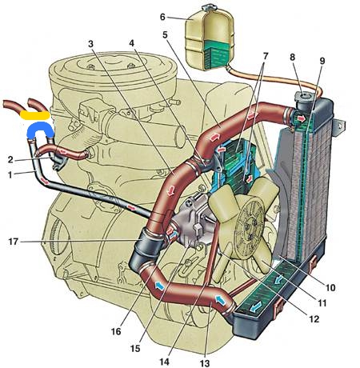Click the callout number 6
[x=162, y=17]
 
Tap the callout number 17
[x=13, y=242]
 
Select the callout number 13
[x=206, y=362]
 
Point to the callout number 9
[x=322, y=61]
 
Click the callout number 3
[x=90, y=44]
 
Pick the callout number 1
[x=10, y=175]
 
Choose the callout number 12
[x=314, y=319]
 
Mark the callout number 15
[x=135, y=348]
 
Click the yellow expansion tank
[x=210, y=40]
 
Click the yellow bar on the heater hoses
[x=35, y=115]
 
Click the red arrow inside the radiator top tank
[x=302, y=118]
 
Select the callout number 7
[x=265, y=56]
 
